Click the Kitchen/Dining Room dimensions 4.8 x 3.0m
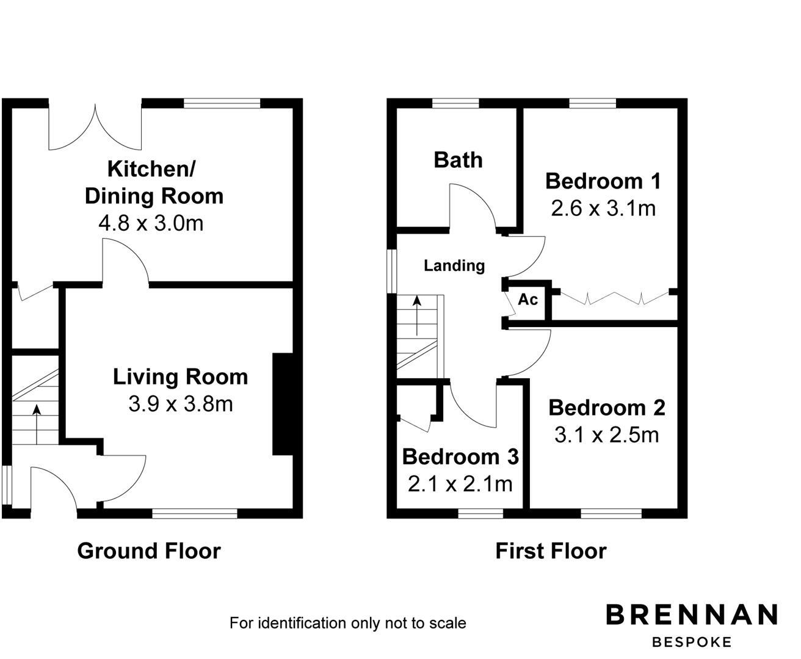[151, 223]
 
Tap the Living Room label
[180, 376]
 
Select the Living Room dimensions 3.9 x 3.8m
[180, 403]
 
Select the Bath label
[458, 160]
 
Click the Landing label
[454, 265]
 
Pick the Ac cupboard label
[527, 300]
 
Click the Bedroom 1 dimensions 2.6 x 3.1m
[603, 209]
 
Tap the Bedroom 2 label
[606, 408]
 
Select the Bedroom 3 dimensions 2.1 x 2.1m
[460, 484]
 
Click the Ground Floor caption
[148, 551]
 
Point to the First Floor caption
[551, 551]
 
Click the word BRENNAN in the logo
[692, 614]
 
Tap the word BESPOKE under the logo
[692, 642]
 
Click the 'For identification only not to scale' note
[347, 623]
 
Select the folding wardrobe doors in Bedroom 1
[614, 298]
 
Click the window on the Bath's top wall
[455, 103]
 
